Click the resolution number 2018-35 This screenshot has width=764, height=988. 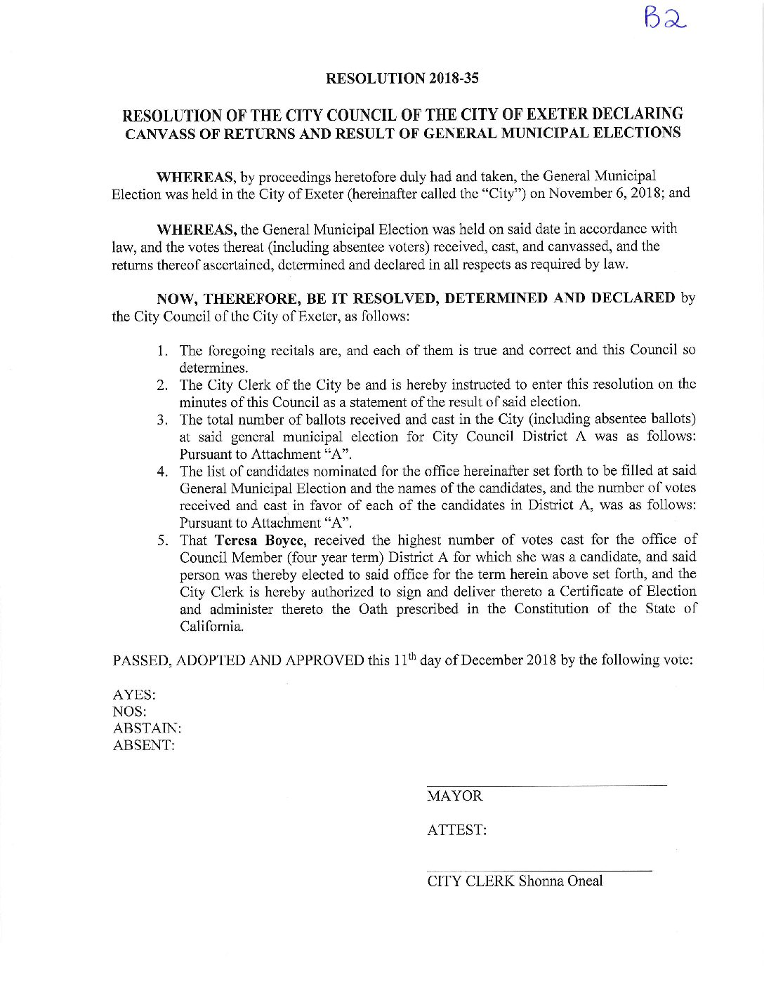pyautogui.click(x=453, y=78)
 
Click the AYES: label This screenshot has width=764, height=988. pyautogui.click(x=134, y=695)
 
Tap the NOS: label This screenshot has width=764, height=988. pyautogui.click(x=130, y=712)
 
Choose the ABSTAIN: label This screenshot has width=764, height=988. pyautogui.click(x=147, y=728)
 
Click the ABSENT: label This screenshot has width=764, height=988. pyautogui.click(x=143, y=745)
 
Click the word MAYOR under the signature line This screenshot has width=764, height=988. pyautogui.click(x=455, y=796)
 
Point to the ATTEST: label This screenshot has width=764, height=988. pyautogui.click(x=456, y=830)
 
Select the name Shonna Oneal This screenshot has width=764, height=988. pyautogui.click(x=560, y=881)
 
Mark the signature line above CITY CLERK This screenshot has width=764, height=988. pyautogui.click(x=539, y=871)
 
